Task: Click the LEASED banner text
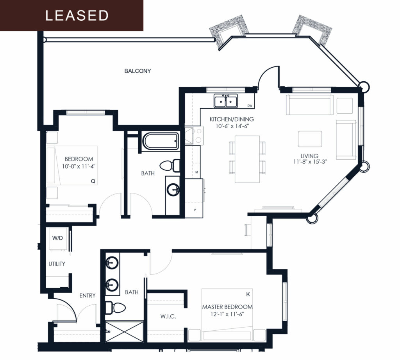77,15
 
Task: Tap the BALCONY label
137,71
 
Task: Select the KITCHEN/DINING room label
231,119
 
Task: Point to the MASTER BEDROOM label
227,307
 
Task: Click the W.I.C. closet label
168,317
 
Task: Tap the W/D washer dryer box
57,238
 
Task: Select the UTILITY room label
57,264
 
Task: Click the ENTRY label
87,296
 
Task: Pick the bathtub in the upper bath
161,141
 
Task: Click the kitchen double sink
225,101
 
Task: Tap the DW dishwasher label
250,106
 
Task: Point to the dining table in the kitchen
247,159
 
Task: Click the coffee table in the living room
310,139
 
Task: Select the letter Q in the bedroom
93,181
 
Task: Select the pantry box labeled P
195,210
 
